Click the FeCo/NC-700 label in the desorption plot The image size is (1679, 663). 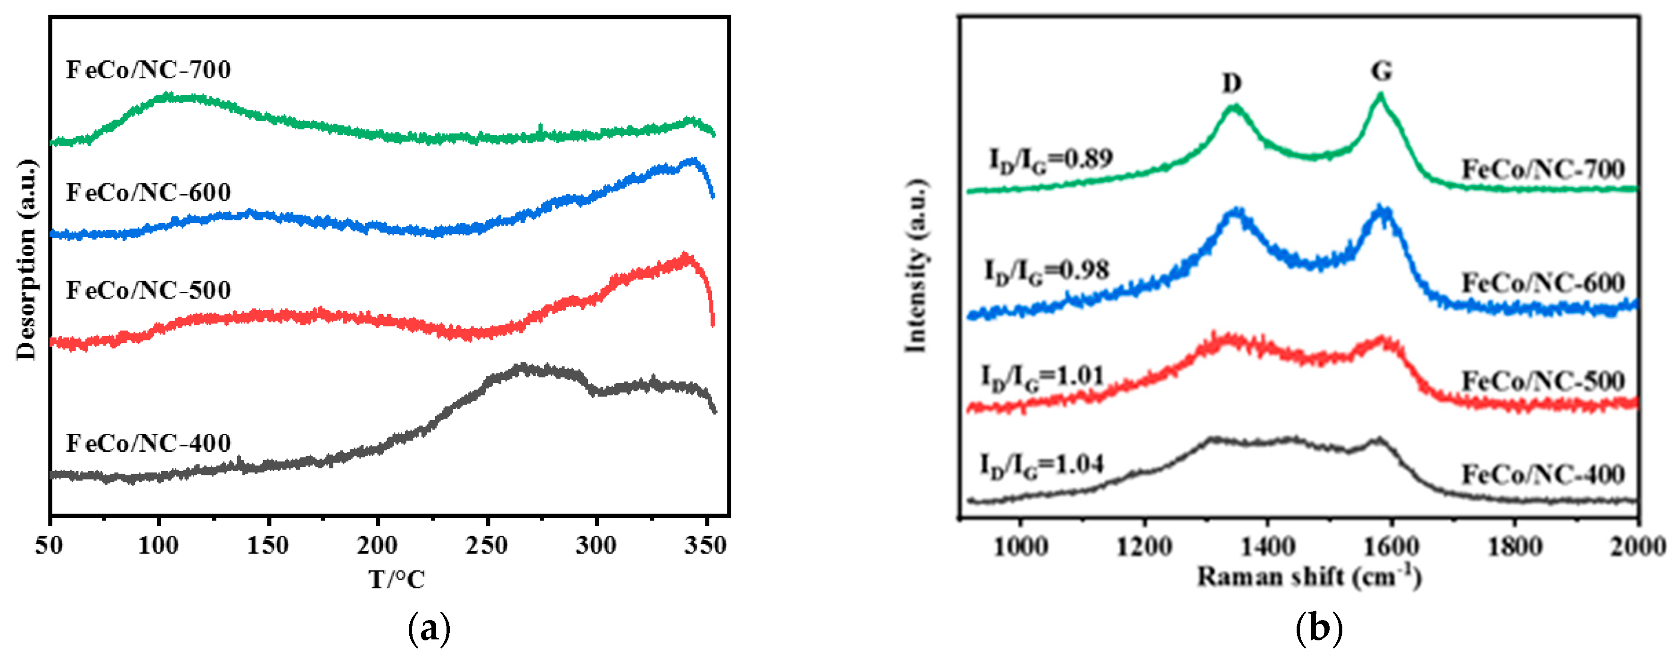pyautogui.click(x=148, y=70)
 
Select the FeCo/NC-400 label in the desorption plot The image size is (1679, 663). pyautogui.click(x=148, y=443)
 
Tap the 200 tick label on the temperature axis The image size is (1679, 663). pyautogui.click(x=377, y=545)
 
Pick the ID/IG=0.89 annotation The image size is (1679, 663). pyautogui.click(x=1050, y=159)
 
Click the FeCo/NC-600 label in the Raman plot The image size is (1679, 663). pyautogui.click(x=1542, y=283)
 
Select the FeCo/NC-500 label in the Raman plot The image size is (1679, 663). pyautogui.click(x=1542, y=381)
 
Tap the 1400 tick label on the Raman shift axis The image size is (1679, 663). pyautogui.click(x=1267, y=547)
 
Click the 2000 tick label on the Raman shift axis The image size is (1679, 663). pyautogui.click(x=1638, y=547)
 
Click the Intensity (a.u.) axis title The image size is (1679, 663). pyautogui.click(x=916, y=265)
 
